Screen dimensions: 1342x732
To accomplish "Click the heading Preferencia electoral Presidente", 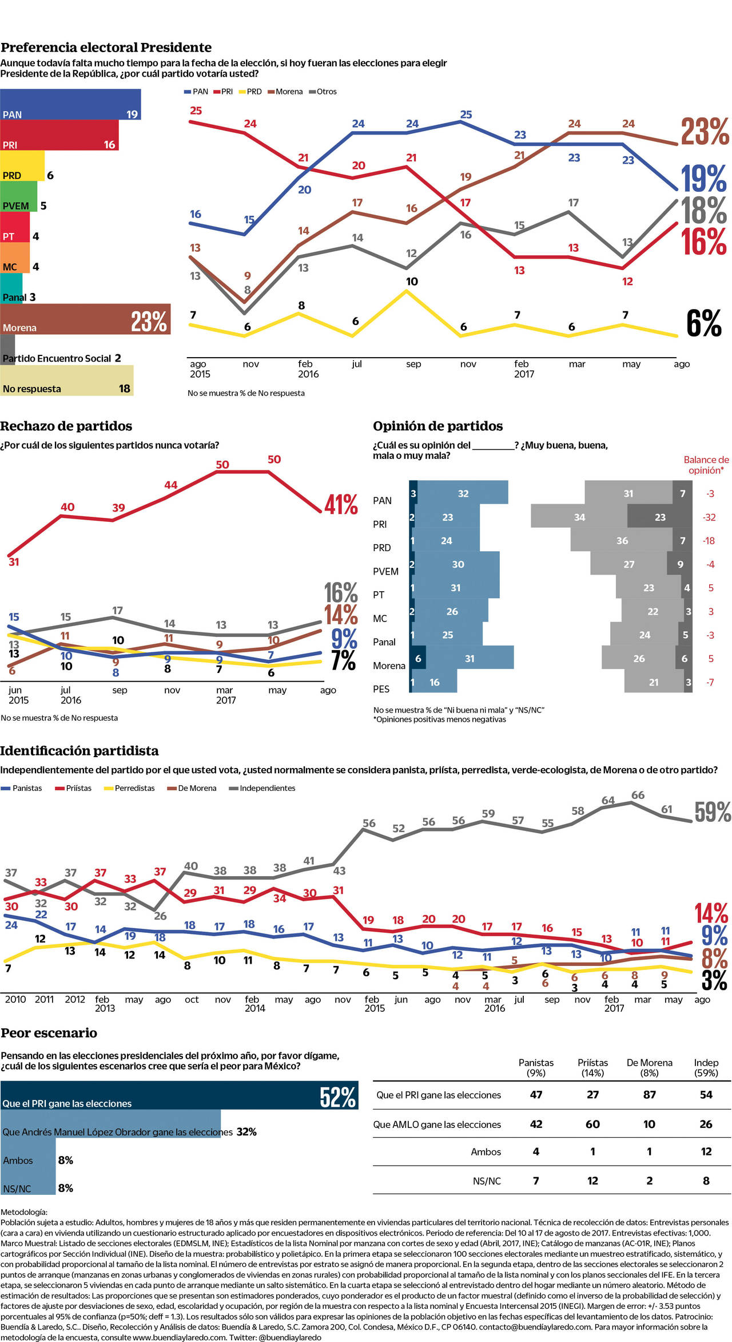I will pos(106,47).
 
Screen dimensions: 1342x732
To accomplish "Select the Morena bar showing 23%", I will pos(85,319).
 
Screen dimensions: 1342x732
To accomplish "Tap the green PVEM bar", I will pos(18,196).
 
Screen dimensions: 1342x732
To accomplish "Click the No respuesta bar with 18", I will pos(66,381).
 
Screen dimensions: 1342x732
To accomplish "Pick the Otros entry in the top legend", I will pos(323,92).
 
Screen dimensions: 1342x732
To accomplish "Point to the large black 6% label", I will pos(703,323).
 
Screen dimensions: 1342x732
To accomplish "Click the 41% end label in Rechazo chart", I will pos(341,505).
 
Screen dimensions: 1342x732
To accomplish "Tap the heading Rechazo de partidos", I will pos(66,426).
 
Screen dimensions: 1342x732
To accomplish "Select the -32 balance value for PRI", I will pos(709,517).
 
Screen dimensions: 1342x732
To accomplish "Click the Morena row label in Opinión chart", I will pos(389,666).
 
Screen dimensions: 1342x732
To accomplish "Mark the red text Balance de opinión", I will pos(706,465).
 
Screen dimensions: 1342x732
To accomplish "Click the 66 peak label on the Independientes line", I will pos(638,795).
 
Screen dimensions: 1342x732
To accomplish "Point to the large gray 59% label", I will pos(713,812).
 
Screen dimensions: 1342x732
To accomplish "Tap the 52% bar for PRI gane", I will pos(179,1095).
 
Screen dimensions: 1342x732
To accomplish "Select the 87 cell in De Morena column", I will pos(649,1095).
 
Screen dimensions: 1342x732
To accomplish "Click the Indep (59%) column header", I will pos(706,1067).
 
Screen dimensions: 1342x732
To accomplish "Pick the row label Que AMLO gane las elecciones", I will pos(437,1125).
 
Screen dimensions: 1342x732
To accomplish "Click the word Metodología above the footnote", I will pos(24,1212).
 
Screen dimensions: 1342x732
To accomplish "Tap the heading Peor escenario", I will pos(49,1033).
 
